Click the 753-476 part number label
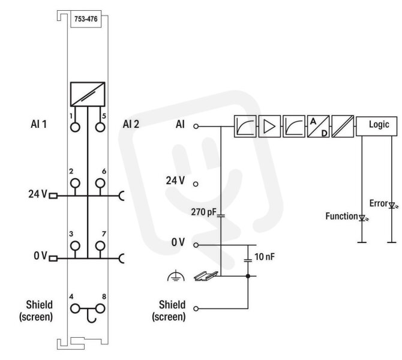(86, 19)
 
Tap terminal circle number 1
(75, 127)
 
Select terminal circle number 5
(100, 127)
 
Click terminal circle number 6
(100, 184)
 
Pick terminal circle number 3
(75, 246)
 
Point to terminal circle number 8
(100, 309)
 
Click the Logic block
(376, 126)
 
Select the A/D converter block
(318, 126)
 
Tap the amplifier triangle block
(269, 126)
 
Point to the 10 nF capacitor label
(265, 257)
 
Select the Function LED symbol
(362, 218)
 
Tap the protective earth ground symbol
(176, 275)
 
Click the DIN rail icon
(206, 277)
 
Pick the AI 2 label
(131, 124)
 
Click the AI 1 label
(39, 124)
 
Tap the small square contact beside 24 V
(53, 196)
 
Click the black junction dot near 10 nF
(248, 276)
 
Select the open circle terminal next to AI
(196, 127)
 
